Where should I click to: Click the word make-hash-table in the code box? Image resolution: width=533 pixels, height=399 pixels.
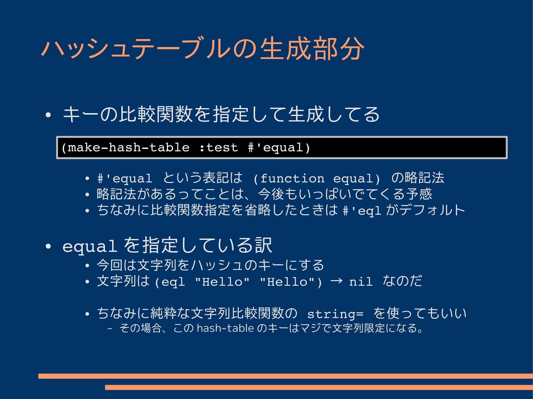(128, 148)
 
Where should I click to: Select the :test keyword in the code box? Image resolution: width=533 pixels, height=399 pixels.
(219, 148)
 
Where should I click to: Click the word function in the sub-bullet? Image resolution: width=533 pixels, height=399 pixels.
(292, 179)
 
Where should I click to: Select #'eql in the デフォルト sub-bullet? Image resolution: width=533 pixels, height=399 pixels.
(362, 211)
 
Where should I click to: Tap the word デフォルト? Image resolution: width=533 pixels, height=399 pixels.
(432, 210)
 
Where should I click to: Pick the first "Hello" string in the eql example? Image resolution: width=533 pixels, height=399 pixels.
(222, 282)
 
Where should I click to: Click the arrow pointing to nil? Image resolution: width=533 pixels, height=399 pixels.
(336, 281)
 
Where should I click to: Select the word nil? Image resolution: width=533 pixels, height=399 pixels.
(361, 282)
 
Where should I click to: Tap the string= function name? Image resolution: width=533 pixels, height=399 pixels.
(335, 314)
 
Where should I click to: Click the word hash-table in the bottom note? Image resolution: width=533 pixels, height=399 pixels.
(225, 328)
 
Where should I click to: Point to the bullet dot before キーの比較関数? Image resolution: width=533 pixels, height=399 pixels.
(48, 115)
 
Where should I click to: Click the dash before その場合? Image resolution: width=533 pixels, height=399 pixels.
(110, 329)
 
